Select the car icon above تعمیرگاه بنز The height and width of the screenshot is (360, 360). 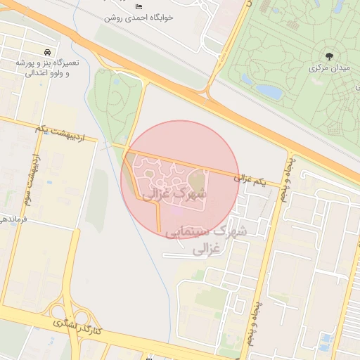[x=46, y=53]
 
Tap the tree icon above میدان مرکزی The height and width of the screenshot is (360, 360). [x=328, y=56]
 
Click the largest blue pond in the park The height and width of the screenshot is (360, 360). [x=270, y=91]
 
